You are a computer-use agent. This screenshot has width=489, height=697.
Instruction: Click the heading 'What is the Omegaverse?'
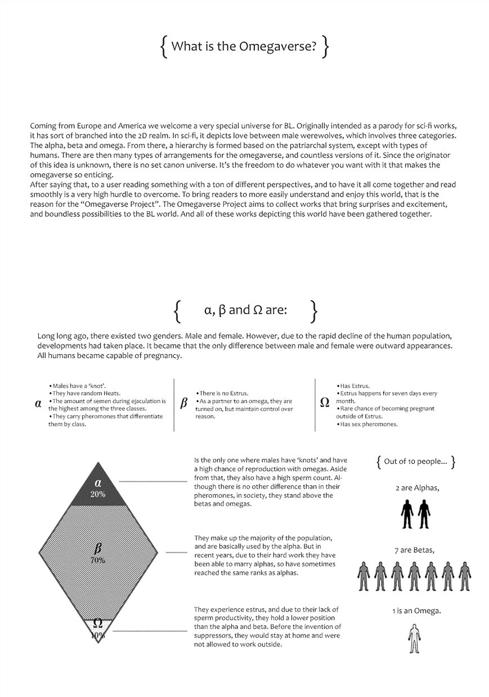(x=244, y=47)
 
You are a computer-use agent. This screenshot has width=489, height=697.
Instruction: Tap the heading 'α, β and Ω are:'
(x=245, y=310)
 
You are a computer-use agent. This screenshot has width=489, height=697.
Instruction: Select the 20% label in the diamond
(x=98, y=494)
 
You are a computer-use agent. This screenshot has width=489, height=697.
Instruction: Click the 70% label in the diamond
(x=98, y=560)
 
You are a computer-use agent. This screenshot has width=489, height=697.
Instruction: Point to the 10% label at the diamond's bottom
(x=97, y=635)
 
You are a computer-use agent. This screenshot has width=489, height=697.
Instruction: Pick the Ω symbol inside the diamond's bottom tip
(x=97, y=623)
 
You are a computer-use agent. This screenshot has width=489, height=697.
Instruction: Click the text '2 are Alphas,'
(x=417, y=488)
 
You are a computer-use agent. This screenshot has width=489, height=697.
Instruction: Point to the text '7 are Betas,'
(x=414, y=550)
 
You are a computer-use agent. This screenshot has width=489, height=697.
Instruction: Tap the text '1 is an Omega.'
(x=416, y=611)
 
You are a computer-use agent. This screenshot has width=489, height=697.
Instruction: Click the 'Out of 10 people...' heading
(x=415, y=462)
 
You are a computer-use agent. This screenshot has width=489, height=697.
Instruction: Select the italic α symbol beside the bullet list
(x=38, y=404)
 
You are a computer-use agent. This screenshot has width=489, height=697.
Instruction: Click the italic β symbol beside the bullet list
(x=183, y=403)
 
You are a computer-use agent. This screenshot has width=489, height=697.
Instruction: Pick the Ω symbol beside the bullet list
(x=325, y=403)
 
